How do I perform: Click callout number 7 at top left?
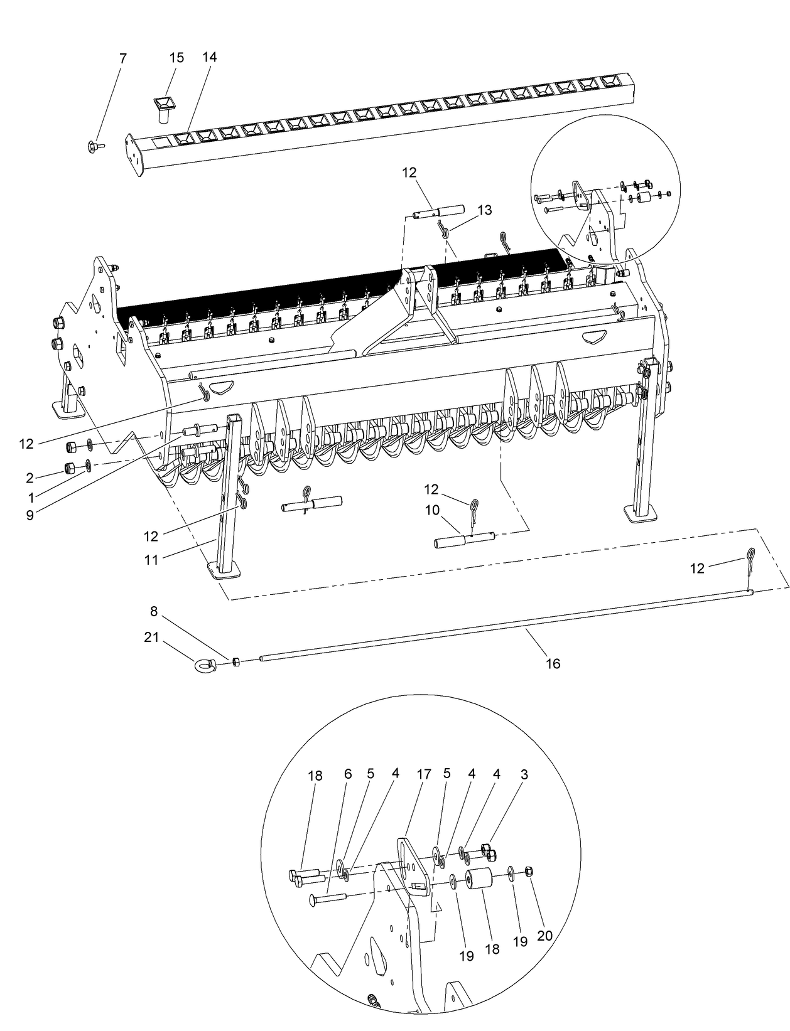[x=122, y=58]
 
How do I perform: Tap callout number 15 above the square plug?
[x=177, y=58]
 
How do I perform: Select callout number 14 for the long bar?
[x=210, y=57]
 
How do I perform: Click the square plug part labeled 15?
[x=165, y=107]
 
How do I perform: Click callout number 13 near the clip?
[x=484, y=210]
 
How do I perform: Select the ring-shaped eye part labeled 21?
[x=205, y=664]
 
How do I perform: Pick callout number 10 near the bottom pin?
[x=432, y=511]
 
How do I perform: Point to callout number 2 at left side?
[x=30, y=478]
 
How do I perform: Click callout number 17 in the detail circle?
[x=424, y=774]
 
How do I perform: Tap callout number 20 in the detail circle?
[x=544, y=936]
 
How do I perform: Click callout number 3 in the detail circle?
[x=524, y=774]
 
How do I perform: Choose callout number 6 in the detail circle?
[x=347, y=774]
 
